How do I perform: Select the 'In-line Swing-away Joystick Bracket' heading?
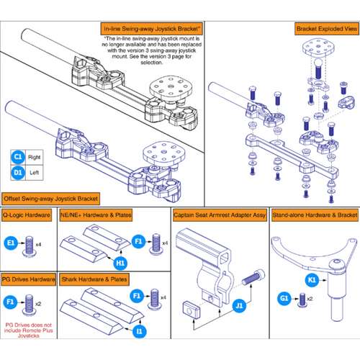point(150,29)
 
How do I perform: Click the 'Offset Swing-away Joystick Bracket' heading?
point(52,197)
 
